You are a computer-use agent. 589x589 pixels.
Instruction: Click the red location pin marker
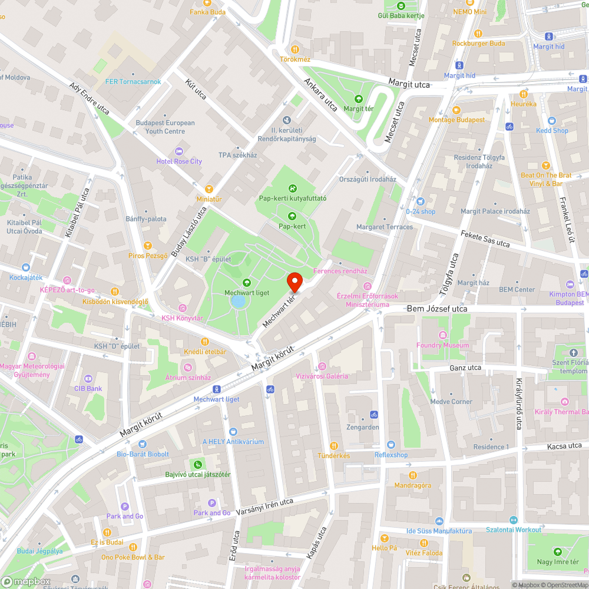(294, 282)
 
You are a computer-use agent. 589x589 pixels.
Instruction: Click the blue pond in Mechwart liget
(239, 302)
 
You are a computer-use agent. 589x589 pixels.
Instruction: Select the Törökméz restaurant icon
(295, 50)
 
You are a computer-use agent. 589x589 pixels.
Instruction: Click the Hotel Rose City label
(179, 161)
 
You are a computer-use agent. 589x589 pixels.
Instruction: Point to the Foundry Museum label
(442, 345)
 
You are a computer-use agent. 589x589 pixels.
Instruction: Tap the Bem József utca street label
(437, 309)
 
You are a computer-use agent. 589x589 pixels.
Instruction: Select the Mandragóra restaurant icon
(413, 475)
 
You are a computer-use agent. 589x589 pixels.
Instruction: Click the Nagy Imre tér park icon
(557, 552)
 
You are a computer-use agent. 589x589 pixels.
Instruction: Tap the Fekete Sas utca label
(485, 239)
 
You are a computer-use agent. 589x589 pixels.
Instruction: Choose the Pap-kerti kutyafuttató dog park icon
(293, 188)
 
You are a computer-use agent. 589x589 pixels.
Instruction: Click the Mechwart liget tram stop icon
(217, 389)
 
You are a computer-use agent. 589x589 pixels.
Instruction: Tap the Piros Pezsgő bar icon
(148, 246)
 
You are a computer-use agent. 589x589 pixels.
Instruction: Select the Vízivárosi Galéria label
(321, 376)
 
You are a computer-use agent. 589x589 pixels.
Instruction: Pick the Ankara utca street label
(321, 94)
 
